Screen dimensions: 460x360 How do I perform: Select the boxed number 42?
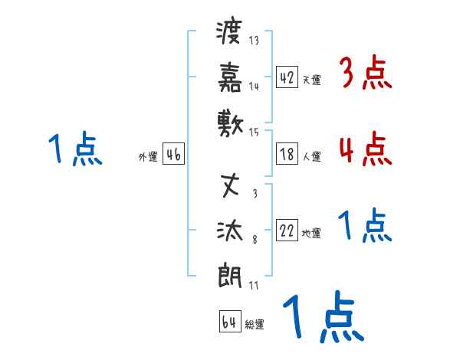pyautogui.click(x=287, y=77)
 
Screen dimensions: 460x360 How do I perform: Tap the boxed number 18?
pyautogui.click(x=287, y=154)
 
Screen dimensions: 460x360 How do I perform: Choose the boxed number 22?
pyautogui.click(x=287, y=231)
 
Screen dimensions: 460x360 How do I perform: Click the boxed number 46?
pyautogui.click(x=173, y=154)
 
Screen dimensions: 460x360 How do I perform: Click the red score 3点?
pyautogui.click(x=365, y=74)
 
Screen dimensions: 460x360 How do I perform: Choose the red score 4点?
pyautogui.click(x=365, y=149)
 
